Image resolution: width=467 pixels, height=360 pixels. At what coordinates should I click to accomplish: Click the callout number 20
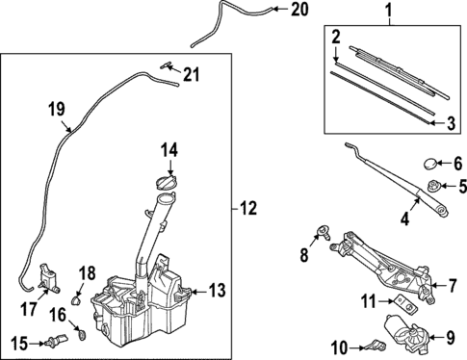coord(299,10)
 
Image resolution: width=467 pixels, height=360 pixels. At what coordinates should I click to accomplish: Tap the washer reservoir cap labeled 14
coord(167,183)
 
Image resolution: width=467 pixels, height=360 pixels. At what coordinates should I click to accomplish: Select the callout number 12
coord(248,209)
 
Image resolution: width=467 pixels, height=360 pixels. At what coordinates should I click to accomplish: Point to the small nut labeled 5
coord(434,186)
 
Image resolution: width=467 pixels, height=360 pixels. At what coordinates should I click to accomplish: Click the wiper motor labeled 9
coord(407,334)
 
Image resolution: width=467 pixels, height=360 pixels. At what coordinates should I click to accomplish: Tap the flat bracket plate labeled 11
coord(406,305)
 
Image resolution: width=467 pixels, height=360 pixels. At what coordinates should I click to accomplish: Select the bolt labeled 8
coord(323,233)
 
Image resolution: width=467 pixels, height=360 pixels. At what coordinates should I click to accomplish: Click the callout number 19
coord(57,110)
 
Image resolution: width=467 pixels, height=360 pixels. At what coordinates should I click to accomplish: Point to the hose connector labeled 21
coord(166,65)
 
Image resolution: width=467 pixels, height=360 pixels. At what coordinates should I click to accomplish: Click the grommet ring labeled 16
coord(83,335)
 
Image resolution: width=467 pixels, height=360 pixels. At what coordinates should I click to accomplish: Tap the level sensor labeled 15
coord(57,341)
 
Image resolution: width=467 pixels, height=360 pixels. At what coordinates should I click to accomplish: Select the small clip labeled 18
coord(76,300)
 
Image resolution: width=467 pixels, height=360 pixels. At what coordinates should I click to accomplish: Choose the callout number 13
coord(217,291)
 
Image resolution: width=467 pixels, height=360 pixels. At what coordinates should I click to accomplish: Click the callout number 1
coord(389,10)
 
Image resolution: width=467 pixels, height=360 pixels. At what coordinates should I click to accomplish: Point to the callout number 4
coord(404,219)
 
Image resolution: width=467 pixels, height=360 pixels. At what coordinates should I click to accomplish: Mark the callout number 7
coord(452,286)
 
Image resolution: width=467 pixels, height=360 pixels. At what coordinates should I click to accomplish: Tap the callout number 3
coord(451,123)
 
